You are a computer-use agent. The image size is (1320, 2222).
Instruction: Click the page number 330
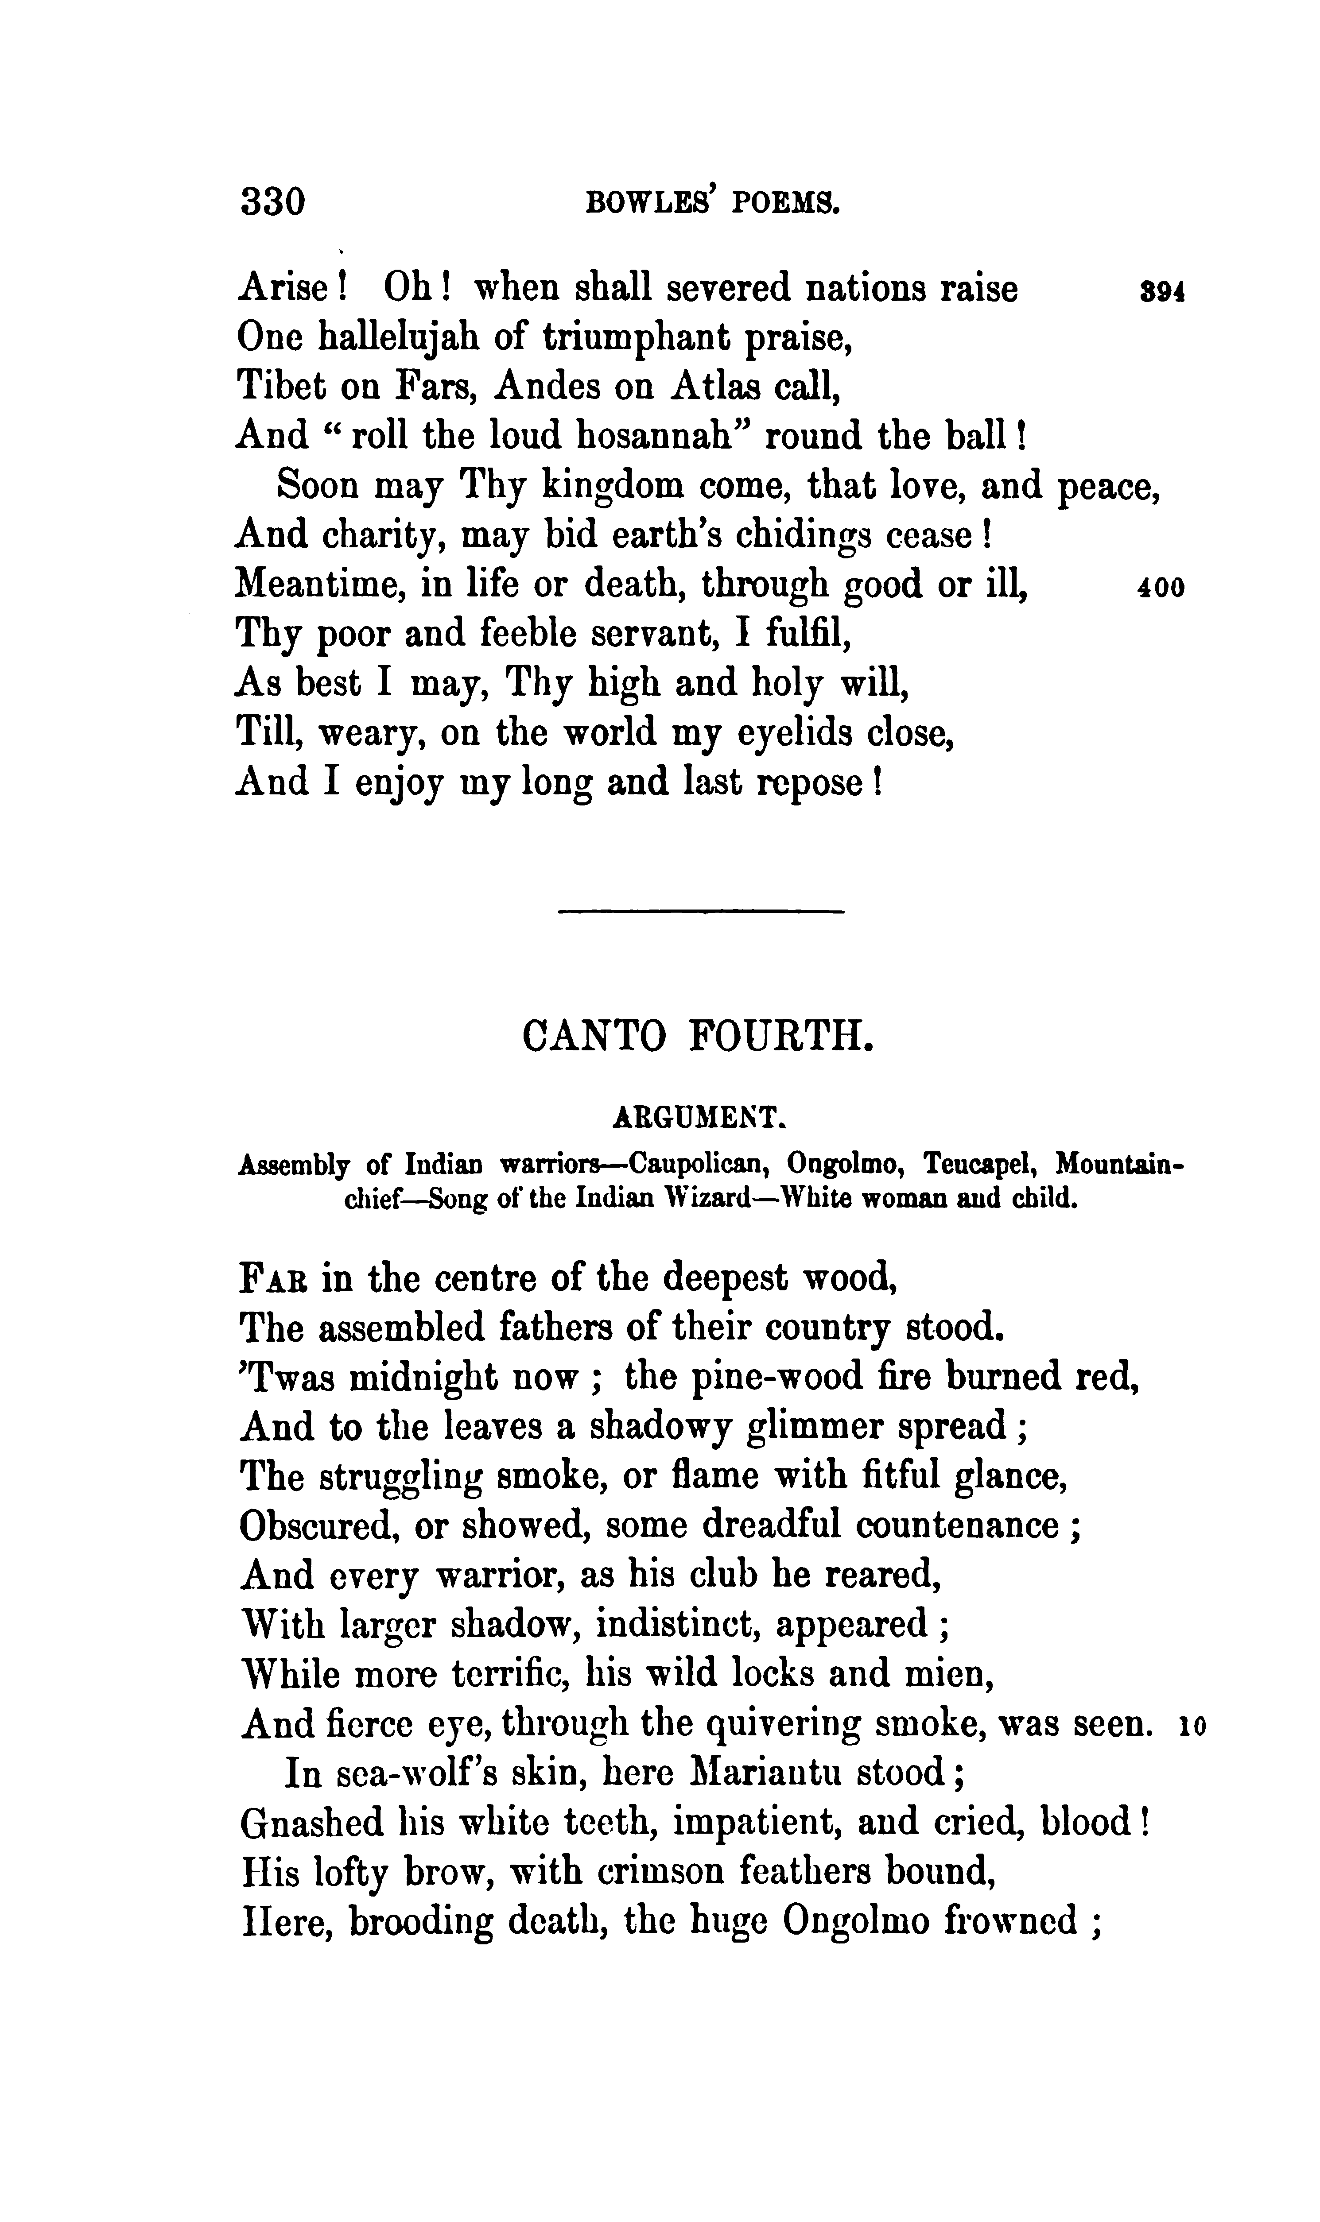click(x=272, y=202)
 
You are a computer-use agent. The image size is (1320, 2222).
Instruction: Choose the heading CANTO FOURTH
click(x=698, y=1037)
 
